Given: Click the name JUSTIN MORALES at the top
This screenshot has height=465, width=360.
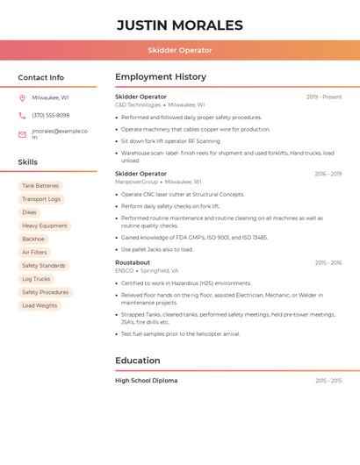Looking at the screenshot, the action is [179, 25].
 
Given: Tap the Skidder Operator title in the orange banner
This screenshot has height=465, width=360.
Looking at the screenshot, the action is [179, 50].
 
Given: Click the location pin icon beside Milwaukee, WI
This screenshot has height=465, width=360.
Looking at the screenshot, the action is [22, 98].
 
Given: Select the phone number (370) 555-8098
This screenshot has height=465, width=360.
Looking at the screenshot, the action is [50, 115].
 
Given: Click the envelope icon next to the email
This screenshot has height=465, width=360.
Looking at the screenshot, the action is [22, 134].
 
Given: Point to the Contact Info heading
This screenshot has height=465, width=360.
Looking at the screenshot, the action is [41, 77].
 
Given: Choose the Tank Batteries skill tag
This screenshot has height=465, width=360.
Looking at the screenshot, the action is [40, 186].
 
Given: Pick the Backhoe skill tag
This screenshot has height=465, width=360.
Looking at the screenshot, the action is [33, 239].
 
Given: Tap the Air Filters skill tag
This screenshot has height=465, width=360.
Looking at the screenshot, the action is [34, 253].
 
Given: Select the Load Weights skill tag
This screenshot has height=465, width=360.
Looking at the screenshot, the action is [40, 305].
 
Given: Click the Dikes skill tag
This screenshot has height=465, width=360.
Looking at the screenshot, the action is [30, 212].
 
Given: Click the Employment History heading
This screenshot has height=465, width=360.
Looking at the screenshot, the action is [161, 77].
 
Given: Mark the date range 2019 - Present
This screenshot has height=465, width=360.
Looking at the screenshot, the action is [324, 97].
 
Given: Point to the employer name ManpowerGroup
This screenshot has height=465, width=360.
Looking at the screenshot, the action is [137, 182].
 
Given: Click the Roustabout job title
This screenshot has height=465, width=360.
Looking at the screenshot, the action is [133, 262].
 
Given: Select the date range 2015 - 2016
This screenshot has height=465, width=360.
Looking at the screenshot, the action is [328, 262].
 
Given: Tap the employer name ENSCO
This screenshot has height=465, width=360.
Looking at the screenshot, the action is [125, 271].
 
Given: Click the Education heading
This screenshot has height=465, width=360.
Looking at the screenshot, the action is [138, 361].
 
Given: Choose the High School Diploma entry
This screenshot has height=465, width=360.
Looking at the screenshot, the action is [146, 381].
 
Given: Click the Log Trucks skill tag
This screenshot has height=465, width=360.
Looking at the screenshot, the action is [36, 279].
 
